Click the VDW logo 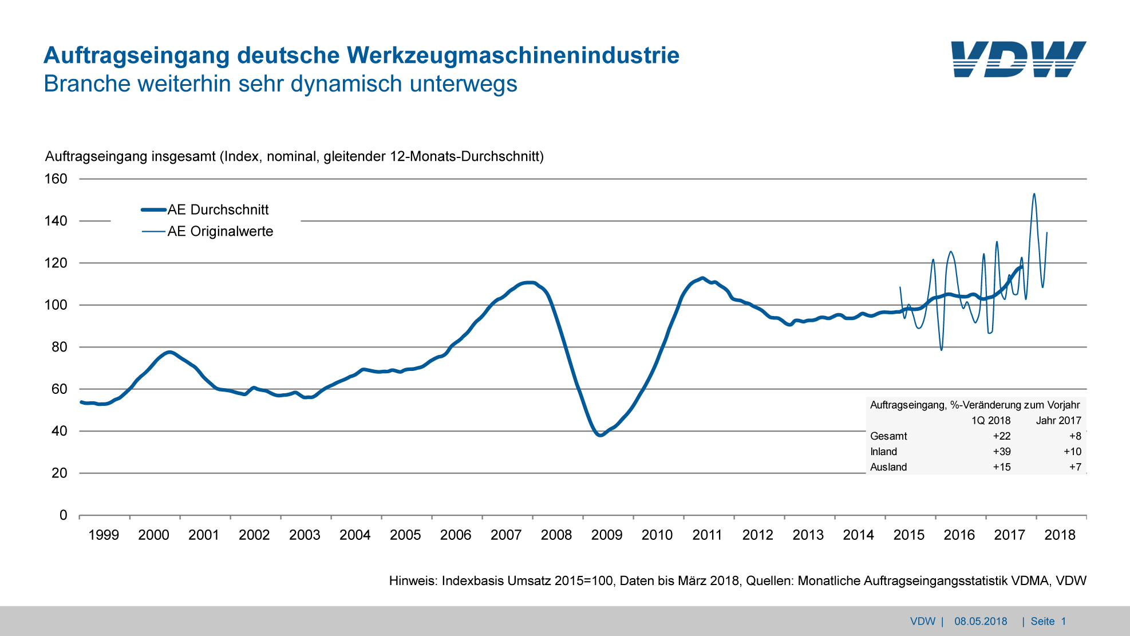pyautogui.click(x=1018, y=59)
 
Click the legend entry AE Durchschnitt pyautogui.click(x=218, y=210)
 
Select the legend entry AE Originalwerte pyautogui.click(x=220, y=231)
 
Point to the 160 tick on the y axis pyautogui.click(x=56, y=179)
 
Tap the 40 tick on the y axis pyautogui.click(x=59, y=431)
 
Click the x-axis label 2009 pyautogui.click(x=607, y=535)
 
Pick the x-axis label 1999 pyautogui.click(x=104, y=535)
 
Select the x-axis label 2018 pyautogui.click(x=1060, y=535)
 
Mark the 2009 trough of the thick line pyautogui.click(x=599, y=435)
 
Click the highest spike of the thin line pyautogui.click(x=1034, y=194)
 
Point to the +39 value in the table pyautogui.click(x=1001, y=452)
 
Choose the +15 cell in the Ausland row pyautogui.click(x=1001, y=467)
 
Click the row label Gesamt pyautogui.click(x=888, y=436)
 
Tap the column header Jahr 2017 pyautogui.click(x=1058, y=421)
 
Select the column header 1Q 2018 pyautogui.click(x=990, y=421)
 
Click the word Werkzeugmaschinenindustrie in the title pyautogui.click(x=513, y=56)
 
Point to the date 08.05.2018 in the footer pyautogui.click(x=981, y=621)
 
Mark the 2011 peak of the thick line pyautogui.click(x=702, y=278)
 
